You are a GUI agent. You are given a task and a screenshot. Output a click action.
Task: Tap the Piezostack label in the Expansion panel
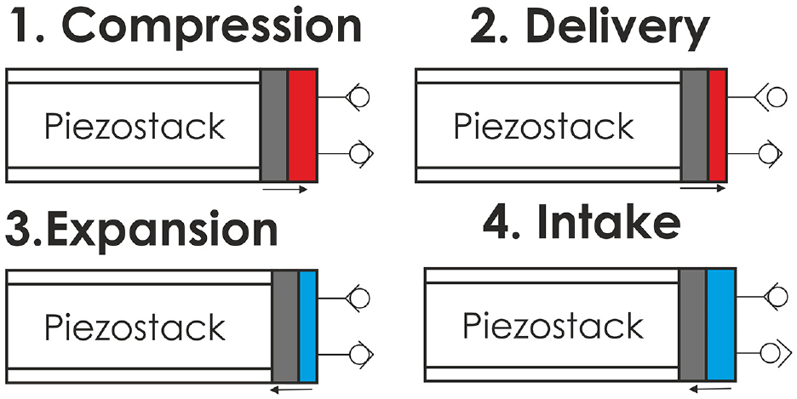(135, 327)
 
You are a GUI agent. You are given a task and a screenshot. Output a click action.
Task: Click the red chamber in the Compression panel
(302, 125)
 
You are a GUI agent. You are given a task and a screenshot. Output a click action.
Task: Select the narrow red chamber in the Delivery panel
(717, 125)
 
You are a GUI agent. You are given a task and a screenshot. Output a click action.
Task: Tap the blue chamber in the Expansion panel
(307, 326)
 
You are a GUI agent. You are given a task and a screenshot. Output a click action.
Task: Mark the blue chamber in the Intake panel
(722, 324)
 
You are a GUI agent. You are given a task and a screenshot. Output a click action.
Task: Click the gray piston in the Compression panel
(274, 125)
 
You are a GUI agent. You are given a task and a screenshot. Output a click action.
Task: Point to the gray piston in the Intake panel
(693, 324)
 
